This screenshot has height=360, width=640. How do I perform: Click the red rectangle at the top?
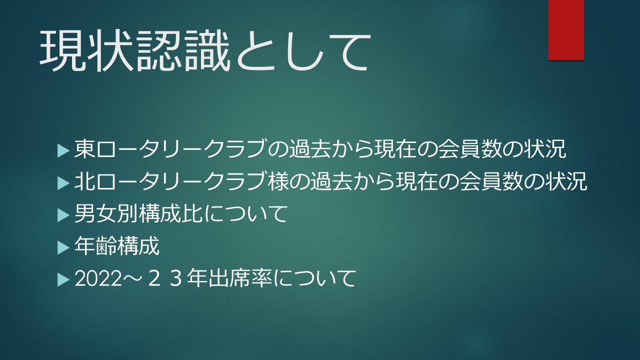[x=565, y=30]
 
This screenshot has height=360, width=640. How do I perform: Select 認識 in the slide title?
[x=183, y=51]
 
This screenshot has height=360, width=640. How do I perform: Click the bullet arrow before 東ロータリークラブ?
[x=63, y=151]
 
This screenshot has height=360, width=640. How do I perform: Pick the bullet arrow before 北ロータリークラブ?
[x=63, y=183]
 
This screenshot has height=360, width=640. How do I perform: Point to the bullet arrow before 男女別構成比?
[x=63, y=215]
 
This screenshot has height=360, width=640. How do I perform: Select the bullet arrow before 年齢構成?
[x=63, y=247]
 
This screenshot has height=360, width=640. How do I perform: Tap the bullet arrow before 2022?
[x=63, y=279]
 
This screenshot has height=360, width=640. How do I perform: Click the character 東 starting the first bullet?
[x=84, y=148]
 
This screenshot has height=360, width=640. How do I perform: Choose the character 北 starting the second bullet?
[x=84, y=181]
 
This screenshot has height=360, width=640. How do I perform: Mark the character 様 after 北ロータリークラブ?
[x=278, y=181]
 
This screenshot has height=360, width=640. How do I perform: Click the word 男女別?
[x=106, y=213]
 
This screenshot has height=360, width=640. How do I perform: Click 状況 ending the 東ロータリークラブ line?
[x=545, y=148]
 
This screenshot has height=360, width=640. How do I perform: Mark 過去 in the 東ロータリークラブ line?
[x=310, y=148]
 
